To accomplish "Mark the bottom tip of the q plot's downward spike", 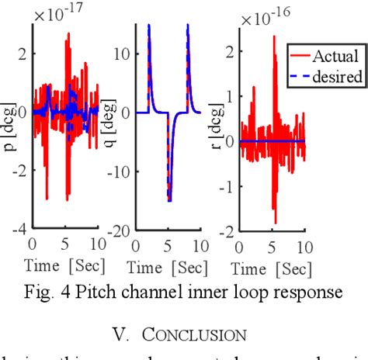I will pyautogui.click(x=168, y=200).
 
